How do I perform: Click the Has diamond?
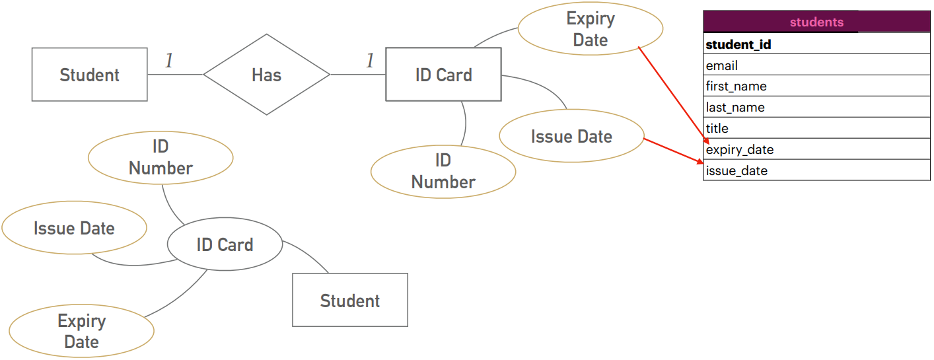point(266,74)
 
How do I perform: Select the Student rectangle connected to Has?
point(90,74)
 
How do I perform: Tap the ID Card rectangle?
point(443,74)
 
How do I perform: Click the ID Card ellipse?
point(225,244)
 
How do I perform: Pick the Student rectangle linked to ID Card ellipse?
point(350,300)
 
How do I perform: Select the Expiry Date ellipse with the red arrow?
point(591,28)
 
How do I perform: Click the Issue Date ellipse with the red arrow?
point(571,135)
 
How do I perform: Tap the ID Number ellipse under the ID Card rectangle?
point(443,172)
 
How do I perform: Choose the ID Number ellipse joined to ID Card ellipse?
point(161,158)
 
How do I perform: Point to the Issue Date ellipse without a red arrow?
point(74,228)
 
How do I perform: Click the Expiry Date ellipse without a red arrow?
point(82,331)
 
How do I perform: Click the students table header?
point(816,22)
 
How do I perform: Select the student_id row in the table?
point(816,44)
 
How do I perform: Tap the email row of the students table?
point(816,65)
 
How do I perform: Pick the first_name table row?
point(816,85)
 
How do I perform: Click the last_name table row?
point(816,107)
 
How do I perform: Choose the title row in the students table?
point(816,127)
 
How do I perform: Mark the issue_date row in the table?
point(816,170)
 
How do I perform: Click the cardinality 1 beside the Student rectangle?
point(169,61)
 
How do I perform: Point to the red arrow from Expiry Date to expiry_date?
point(673,95)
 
